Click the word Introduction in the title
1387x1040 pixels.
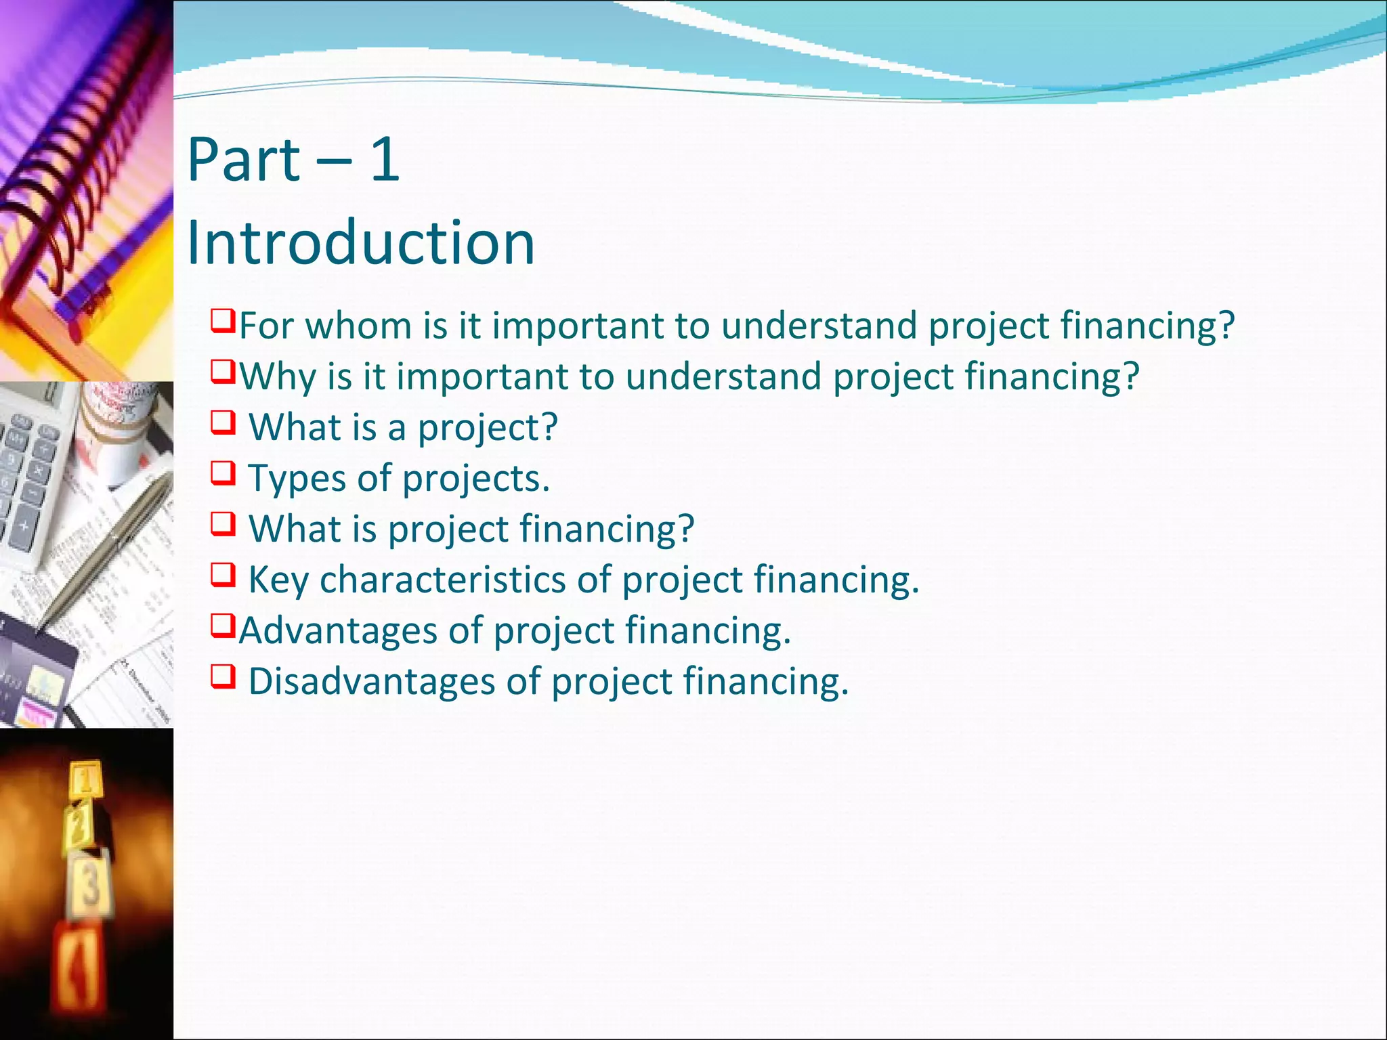[x=360, y=243]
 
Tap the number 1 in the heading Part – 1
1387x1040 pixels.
[x=385, y=160]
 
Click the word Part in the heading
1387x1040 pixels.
[x=243, y=160]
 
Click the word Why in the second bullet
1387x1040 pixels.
[x=278, y=376]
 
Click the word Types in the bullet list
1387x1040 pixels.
[x=297, y=479]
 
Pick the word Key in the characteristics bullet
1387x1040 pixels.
[x=278, y=580]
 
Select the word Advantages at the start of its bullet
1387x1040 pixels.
[x=338, y=630]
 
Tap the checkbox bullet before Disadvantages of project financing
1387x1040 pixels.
[x=223, y=676]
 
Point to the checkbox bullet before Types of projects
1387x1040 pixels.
[x=223, y=473]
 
